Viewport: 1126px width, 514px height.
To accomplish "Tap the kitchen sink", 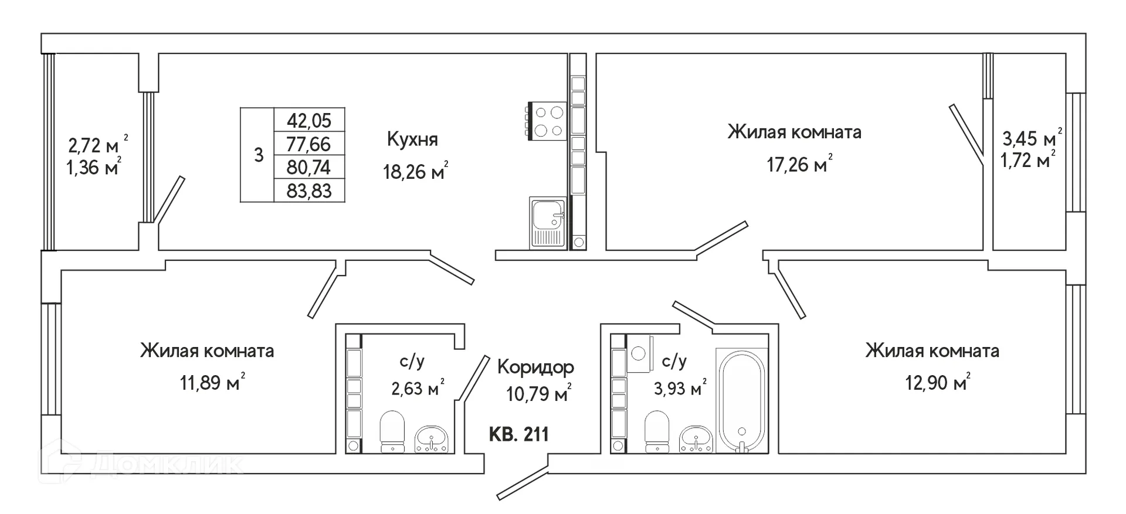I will pos(548,223).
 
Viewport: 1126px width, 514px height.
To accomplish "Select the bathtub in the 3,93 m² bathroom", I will pos(742,401).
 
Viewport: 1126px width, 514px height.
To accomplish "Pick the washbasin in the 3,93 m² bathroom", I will pos(696,440).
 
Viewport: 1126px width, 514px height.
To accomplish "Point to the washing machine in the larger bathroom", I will pos(640,353).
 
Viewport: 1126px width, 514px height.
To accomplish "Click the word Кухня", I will pos(412,139).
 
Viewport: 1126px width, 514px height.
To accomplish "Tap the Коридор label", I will pos(535,367).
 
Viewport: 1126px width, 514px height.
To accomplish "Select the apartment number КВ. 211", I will pos(519,434).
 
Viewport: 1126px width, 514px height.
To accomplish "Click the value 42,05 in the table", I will pos(309,120).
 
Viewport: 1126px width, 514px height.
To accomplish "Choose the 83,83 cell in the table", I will pos(309,191).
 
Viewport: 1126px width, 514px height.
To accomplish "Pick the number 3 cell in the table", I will pos(259,155).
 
